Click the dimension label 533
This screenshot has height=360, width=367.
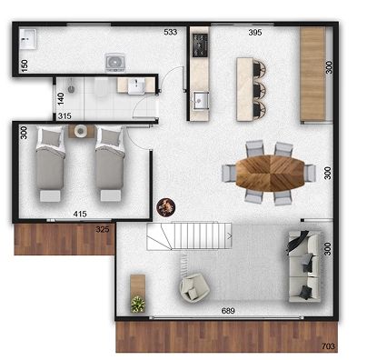pos(170,32)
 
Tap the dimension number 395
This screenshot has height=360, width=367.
pos(255,32)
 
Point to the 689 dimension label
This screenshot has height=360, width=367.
pos(228,311)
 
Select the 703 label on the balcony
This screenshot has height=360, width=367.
pos(328,345)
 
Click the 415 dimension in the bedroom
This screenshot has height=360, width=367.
pos(80,214)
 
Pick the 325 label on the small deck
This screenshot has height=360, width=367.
pos(103,229)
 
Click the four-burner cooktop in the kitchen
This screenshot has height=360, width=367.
pos(201,45)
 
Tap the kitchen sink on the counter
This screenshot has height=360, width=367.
pos(201,100)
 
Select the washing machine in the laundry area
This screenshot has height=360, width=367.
pos(115,63)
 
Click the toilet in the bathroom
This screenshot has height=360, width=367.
pos(101,87)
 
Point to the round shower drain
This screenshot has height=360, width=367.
pos(72,89)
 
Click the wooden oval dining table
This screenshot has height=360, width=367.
pos(270,173)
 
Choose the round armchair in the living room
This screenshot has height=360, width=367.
pos(194,287)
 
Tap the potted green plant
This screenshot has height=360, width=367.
pos(138,304)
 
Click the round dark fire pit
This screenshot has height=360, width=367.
pos(166,207)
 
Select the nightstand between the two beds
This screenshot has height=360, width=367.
pos(81,131)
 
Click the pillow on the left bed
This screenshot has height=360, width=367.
pos(52,137)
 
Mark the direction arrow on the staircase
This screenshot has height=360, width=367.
pos(230,236)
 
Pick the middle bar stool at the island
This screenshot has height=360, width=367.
pos(260,90)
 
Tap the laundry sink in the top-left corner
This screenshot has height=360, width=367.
pos(28,39)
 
